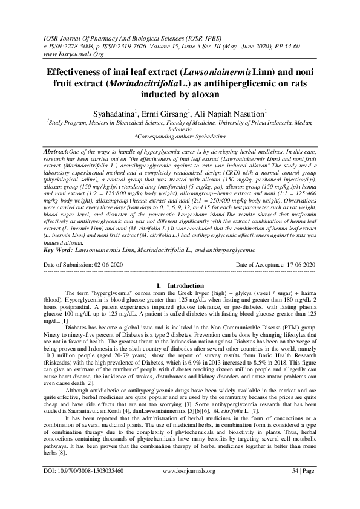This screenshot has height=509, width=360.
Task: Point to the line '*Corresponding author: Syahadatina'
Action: (x=180, y=137)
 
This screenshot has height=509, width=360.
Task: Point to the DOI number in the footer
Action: (x=83, y=486)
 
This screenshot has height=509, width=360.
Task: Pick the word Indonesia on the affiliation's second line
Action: (x=180, y=129)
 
